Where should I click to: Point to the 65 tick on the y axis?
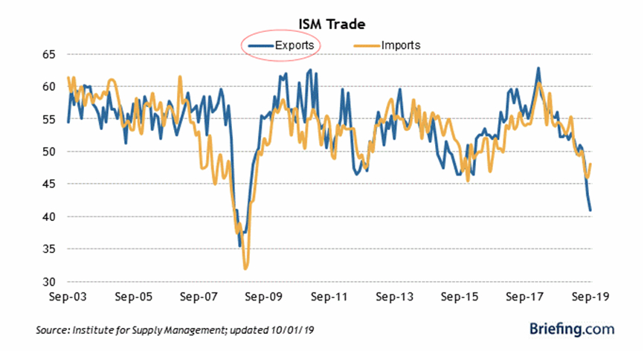49,54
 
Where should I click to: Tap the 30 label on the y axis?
49,282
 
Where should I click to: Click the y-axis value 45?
49,184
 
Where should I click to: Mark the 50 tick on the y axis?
49,152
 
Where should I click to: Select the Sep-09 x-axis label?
265,296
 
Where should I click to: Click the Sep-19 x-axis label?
590,296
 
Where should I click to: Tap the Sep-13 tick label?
395,296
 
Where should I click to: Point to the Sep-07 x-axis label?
199,296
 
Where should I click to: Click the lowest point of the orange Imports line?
245,269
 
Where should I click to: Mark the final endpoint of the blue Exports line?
590,210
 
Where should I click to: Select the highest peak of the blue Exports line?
538,68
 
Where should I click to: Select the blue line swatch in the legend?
260,45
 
